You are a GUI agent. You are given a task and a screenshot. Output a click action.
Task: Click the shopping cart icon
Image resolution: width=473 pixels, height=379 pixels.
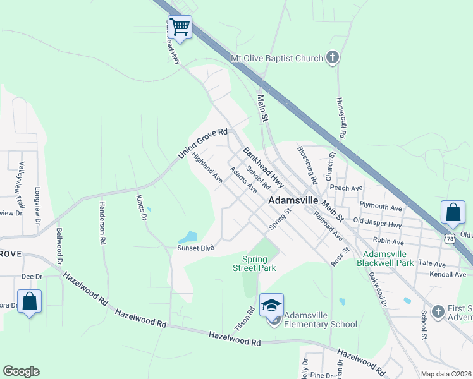180,27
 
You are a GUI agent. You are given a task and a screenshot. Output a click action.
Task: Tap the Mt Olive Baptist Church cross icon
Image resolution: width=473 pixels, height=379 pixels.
332,59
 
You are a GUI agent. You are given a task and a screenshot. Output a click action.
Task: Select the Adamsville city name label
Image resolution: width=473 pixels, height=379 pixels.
293,199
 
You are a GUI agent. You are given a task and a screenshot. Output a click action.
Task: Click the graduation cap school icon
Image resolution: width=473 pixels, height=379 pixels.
271,306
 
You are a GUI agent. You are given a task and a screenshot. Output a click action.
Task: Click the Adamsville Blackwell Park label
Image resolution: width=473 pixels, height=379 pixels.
384,258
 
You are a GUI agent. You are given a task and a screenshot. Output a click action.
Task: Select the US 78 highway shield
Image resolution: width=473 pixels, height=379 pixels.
450,238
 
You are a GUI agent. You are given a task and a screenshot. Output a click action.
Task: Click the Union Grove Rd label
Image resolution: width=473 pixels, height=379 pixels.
202,144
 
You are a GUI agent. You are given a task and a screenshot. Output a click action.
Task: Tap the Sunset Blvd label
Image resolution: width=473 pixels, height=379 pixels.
196,248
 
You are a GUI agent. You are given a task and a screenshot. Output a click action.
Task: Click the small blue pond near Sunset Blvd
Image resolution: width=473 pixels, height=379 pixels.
188,238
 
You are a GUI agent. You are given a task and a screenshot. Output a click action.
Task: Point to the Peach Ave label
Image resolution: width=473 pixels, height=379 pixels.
346,188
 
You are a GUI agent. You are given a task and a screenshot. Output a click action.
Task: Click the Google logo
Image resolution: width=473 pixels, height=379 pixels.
21,371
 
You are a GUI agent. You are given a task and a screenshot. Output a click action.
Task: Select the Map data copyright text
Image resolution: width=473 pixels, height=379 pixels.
446,374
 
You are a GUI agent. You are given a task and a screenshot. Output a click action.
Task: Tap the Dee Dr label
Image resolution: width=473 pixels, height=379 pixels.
32,276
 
